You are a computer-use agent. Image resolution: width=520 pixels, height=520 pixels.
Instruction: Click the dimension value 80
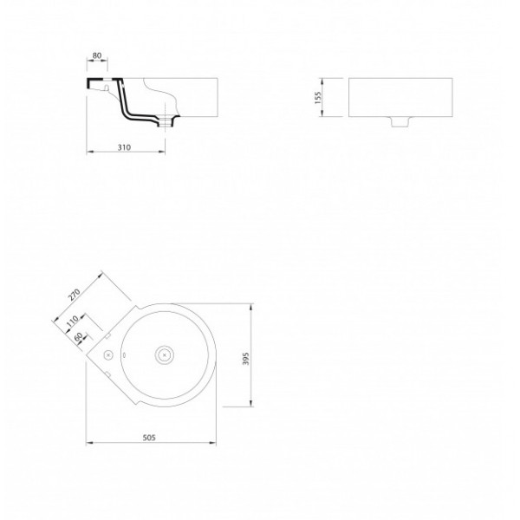click(97, 55)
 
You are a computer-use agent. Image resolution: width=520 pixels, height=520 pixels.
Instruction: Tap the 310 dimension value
click(124, 147)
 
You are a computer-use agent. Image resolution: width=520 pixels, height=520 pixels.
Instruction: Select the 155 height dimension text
click(318, 97)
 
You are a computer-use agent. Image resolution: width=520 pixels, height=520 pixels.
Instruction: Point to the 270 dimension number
click(75, 295)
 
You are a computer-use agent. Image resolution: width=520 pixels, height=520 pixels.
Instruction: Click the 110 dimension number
click(72, 321)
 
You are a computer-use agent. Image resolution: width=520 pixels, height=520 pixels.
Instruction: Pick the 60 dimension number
click(79, 337)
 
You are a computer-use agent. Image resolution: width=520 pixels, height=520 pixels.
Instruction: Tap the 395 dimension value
click(246, 359)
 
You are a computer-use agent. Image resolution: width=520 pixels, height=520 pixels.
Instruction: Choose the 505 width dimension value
click(149, 438)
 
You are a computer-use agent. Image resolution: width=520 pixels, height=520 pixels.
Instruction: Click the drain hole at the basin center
click(165, 355)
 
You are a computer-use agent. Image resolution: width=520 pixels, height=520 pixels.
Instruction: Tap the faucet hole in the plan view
click(108, 355)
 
